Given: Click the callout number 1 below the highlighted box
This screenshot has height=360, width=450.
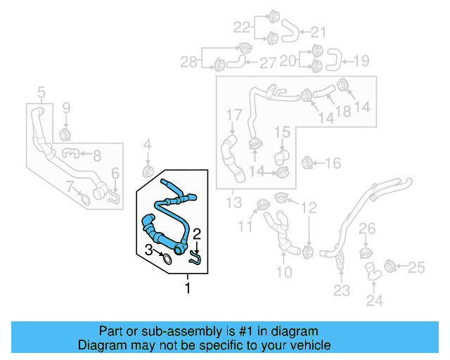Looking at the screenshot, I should coord(188,288).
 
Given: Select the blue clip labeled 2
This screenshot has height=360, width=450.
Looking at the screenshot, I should coord(196,259).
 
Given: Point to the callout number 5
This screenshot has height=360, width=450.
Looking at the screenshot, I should coord(41,92).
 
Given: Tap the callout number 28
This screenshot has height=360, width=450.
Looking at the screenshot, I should coord(188,63).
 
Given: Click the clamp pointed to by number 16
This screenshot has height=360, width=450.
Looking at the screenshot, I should coord(306,164).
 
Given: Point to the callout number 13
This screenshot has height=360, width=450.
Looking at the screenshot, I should coord(233,204).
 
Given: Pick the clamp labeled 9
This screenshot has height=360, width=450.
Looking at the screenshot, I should coord(65,133).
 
